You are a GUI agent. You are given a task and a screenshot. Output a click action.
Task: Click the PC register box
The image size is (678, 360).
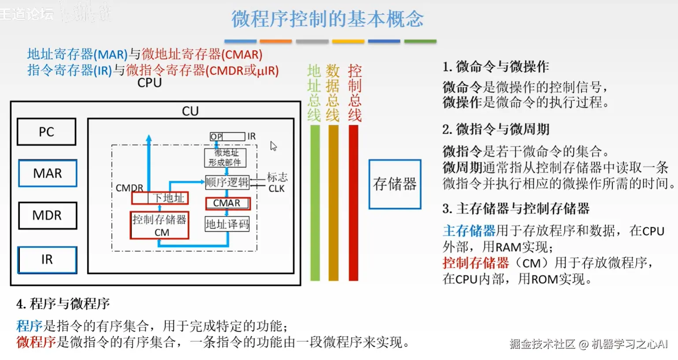46,132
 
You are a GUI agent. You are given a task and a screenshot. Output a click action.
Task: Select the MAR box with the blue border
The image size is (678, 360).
48,173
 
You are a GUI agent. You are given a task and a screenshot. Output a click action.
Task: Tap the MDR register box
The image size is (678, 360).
47,215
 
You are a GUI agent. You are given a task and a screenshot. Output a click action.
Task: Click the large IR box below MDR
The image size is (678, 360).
47,260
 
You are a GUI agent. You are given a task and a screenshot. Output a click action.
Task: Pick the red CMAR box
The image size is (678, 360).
227,203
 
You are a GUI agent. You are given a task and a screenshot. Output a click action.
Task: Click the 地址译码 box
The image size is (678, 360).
227,224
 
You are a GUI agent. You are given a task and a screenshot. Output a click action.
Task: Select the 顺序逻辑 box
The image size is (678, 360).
227,182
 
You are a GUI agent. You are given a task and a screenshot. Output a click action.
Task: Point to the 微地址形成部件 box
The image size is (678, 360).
225,158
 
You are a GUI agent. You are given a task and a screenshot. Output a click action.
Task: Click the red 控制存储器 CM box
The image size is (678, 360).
160,225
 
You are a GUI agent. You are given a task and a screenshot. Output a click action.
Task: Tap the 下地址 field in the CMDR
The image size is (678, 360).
168,198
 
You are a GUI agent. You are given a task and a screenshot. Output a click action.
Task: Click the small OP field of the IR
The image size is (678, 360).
216,137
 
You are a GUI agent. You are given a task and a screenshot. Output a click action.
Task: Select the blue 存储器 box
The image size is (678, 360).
395,184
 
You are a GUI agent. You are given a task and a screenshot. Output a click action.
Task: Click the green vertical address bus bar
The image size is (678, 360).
315,203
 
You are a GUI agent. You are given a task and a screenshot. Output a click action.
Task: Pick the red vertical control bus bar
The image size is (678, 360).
353,203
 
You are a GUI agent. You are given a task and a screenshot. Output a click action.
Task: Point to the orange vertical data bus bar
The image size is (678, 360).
334,203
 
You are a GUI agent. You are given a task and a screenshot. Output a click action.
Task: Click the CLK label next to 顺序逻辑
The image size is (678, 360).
276,189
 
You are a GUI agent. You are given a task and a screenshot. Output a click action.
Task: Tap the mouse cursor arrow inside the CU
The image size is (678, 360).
273,146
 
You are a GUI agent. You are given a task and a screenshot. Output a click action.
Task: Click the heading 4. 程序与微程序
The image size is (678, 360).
63,304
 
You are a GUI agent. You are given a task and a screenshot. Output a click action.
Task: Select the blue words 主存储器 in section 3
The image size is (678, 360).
469,231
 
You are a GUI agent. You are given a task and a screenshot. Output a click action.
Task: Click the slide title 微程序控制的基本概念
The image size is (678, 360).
328,19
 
